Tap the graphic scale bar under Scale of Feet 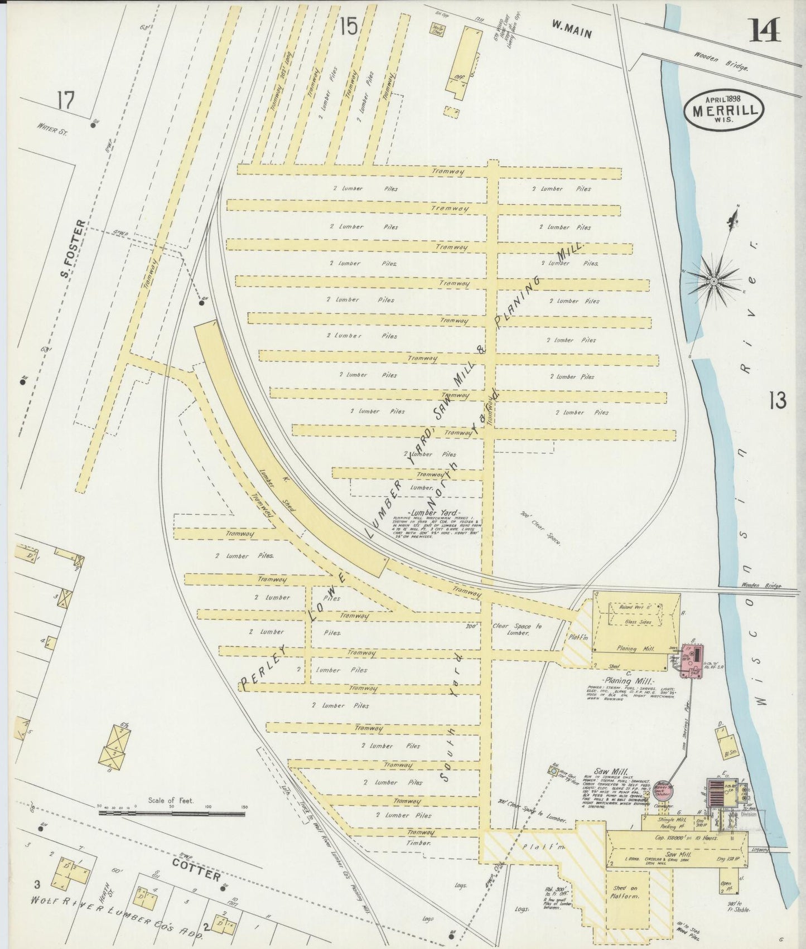pos(171,814)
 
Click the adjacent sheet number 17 pos(65,103)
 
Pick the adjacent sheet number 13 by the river pos(776,400)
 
